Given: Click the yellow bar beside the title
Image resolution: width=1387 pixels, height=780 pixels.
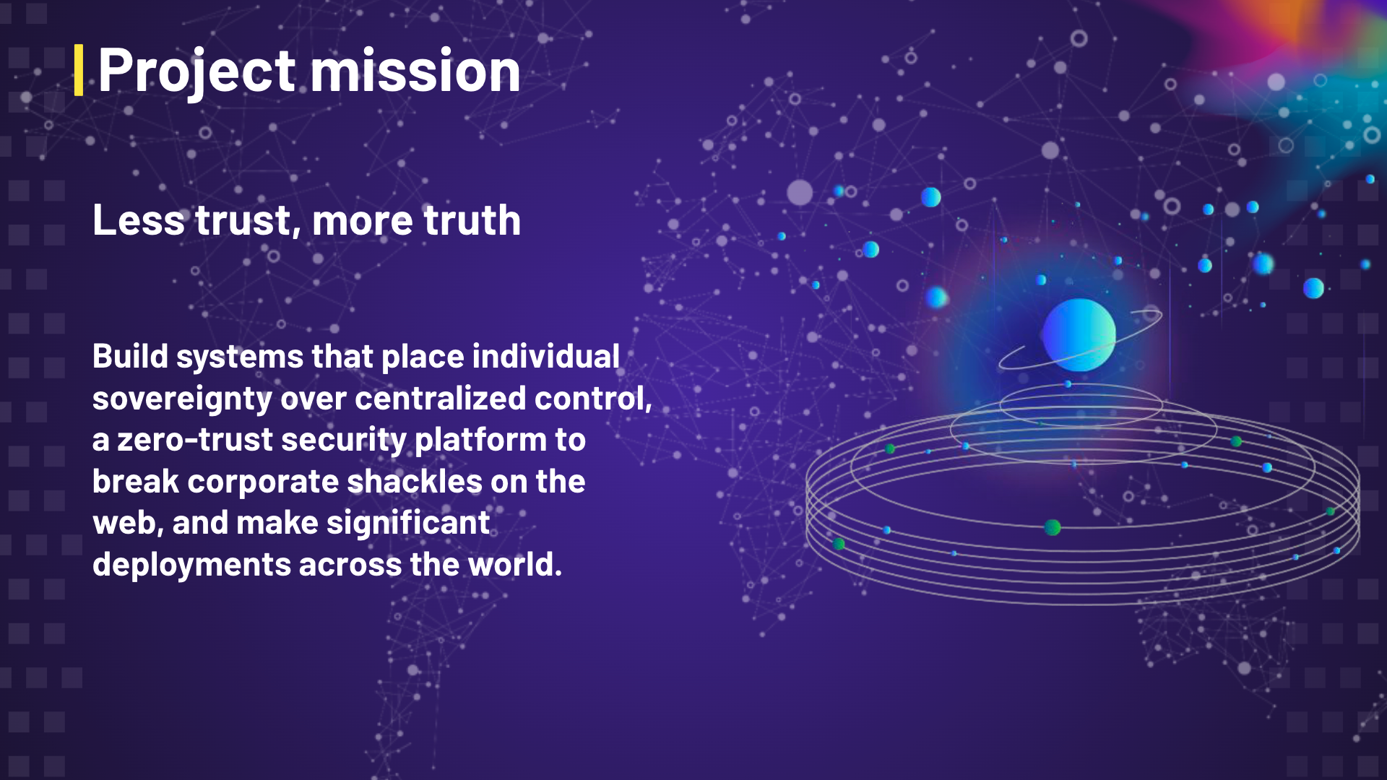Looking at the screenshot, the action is tap(79, 70).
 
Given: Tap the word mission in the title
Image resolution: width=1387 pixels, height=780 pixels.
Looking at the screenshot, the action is tap(415, 70).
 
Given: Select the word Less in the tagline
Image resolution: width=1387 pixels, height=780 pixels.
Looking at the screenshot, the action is tap(139, 220).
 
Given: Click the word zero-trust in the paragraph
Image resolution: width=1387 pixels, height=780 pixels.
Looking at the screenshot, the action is tap(194, 440).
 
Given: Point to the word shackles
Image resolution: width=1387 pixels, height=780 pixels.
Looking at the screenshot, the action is tap(415, 481).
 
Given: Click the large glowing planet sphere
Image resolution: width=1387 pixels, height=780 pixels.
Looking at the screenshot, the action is tap(1079, 335).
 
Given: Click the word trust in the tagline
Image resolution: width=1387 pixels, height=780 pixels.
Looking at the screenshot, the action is tap(243, 220).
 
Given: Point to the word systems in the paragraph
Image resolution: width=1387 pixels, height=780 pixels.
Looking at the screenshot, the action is tap(240, 357).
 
